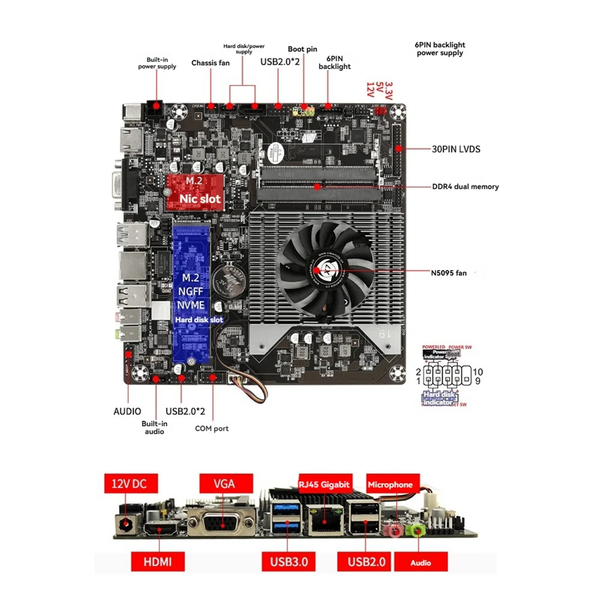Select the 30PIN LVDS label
[x=456, y=149]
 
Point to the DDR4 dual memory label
[x=465, y=187]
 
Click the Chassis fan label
[x=210, y=63]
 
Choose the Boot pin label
[x=303, y=49]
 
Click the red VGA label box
[x=224, y=483]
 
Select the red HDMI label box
[x=158, y=561]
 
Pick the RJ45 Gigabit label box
[x=324, y=484]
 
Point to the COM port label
[x=211, y=429]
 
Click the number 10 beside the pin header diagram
[x=478, y=372]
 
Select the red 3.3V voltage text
[x=389, y=90]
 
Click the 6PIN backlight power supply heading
[x=440, y=49]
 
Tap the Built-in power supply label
[x=157, y=63]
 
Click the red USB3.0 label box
[x=289, y=561]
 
